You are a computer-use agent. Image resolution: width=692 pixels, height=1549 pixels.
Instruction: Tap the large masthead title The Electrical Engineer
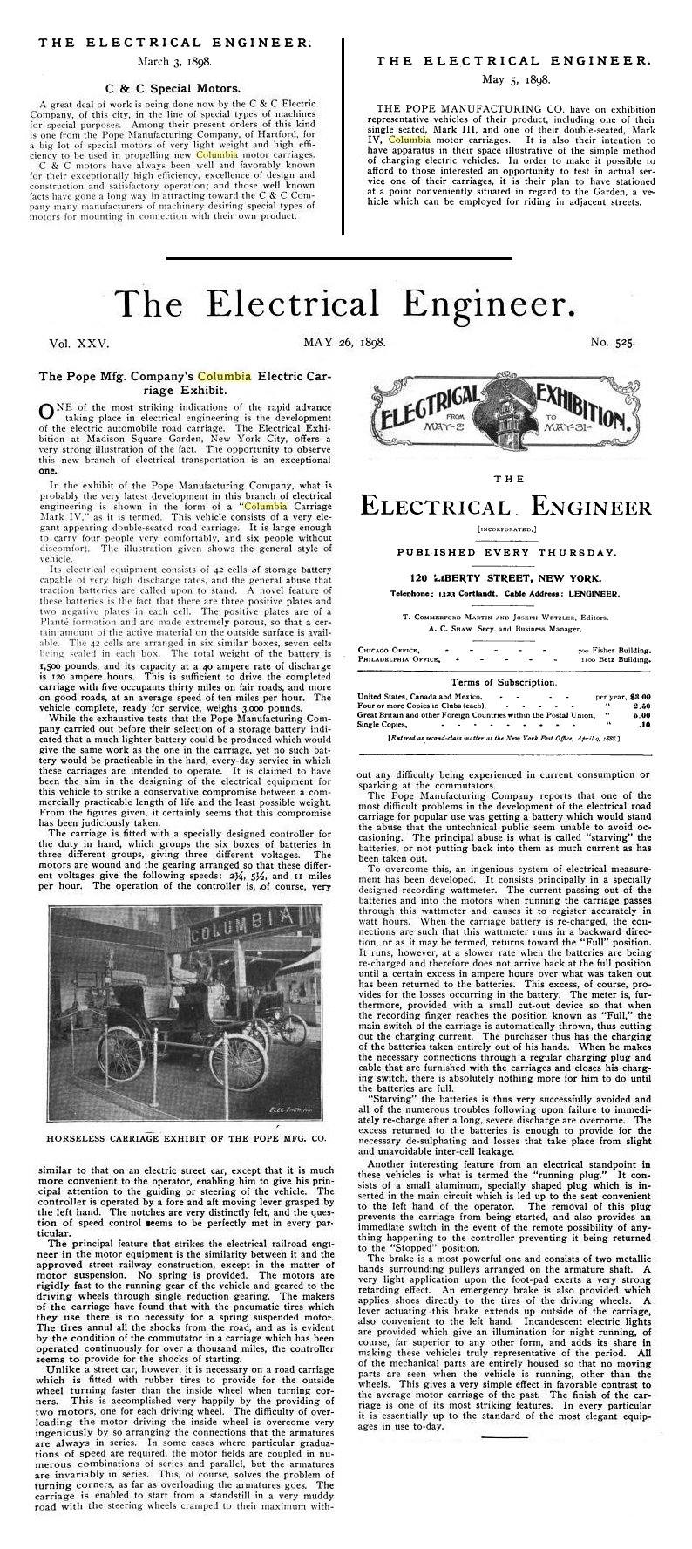tap(345, 304)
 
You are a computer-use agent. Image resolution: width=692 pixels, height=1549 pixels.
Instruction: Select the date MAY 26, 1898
tap(343, 344)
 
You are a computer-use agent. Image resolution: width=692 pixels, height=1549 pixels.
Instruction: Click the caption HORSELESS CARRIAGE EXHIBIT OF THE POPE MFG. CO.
tap(183, 1138)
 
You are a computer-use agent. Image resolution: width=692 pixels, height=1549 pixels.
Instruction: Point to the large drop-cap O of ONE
tap(50, 413)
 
